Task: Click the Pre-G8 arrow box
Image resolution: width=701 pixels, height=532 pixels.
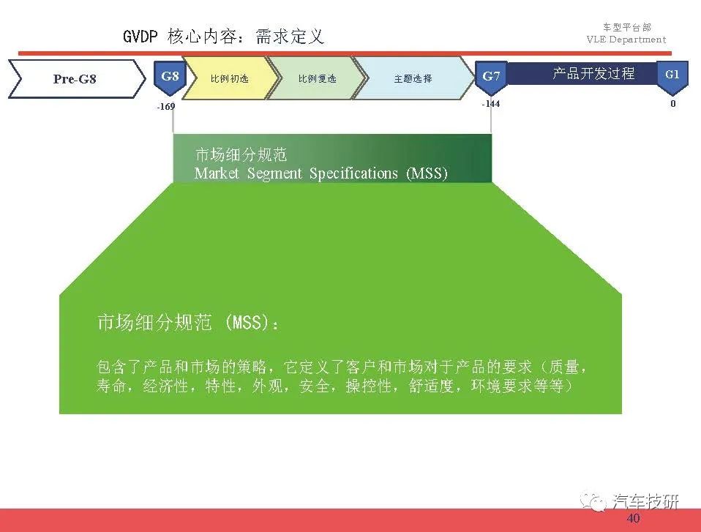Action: (x=77, y=79)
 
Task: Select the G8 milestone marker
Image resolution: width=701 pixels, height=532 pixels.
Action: (x=170, y=78)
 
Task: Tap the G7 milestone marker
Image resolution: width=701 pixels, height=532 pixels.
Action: (x=491, y=78)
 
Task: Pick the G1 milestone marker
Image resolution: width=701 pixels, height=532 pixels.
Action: (x=672, y=77)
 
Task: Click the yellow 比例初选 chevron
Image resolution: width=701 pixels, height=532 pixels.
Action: (x=230, y=79)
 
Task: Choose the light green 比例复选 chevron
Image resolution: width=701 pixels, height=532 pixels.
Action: (x=317, y=79)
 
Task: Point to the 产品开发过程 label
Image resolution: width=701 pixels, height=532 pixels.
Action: (x=593, y=73)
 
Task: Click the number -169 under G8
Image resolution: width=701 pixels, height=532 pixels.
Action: (x=166, y=106)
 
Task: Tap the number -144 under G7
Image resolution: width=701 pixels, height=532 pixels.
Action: (x=490, y=104)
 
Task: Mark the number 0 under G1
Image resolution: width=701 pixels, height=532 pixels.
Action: (x=673, y=104)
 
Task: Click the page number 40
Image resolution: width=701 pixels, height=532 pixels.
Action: (x=633, y=519)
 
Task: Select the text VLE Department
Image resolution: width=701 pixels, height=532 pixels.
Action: (x=626, y=40)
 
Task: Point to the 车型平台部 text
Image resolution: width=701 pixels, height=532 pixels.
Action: (x=627, y=27)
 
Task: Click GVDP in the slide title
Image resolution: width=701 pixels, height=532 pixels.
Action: (x=140, y=36)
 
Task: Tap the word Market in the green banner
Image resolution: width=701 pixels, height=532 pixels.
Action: (x=217, y=173)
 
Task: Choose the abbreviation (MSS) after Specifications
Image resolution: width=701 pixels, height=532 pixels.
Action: (x=427, y=173)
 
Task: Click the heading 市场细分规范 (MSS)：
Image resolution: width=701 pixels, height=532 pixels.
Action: (x=188, y=322)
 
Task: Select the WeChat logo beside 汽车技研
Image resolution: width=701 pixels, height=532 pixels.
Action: (x=593, y=501)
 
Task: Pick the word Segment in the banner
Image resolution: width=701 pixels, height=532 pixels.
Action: (x=274, y=173)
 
